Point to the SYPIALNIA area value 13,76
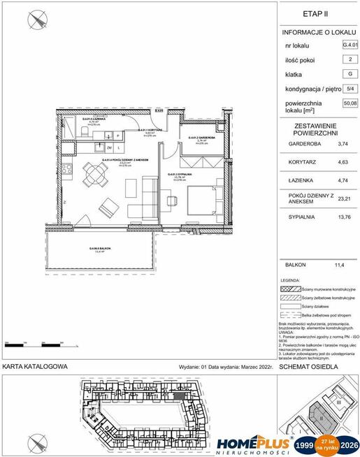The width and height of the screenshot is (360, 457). (x=343, y=218)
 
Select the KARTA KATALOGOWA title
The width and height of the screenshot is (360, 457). (x=35, y=366)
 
